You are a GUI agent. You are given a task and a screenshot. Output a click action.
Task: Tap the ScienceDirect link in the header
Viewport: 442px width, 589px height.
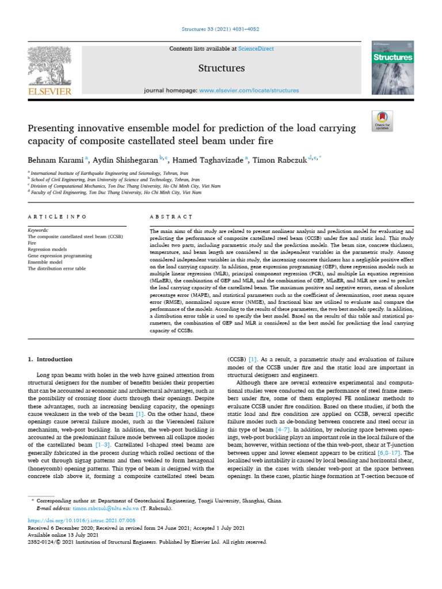point(254,49)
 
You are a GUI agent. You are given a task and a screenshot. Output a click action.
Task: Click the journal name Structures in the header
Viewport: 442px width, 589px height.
point(221,68)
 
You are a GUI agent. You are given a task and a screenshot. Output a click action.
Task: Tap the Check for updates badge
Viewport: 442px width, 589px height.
point(382,119)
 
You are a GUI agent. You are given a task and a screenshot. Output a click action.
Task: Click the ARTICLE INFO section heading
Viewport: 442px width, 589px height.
point(57,216)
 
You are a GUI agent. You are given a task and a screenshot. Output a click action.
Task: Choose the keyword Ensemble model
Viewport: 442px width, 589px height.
point(45,261)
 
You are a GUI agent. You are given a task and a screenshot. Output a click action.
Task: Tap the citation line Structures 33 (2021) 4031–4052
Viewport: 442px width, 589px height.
point(221,28)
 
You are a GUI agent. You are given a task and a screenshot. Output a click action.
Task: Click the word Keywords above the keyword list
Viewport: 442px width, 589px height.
point(39,230)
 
